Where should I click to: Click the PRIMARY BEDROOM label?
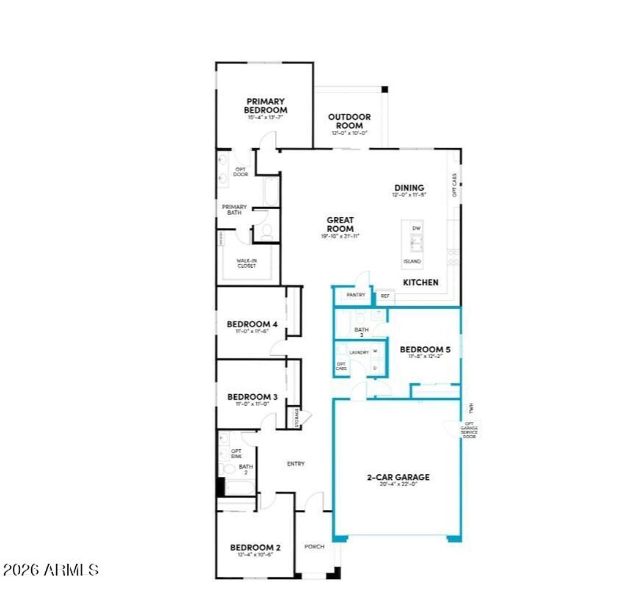pos(265,106)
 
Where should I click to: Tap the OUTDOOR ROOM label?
pos(349,121)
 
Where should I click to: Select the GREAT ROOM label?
pos(341,224)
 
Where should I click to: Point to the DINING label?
pos(408,188)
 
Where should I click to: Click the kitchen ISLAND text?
pos(411,261)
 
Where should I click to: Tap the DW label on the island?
pos(416,228)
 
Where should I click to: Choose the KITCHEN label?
pos(421,282)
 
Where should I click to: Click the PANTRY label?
pos(356,295)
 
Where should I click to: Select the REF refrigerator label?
pos(385,296)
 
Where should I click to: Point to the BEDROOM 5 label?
pos(425,350)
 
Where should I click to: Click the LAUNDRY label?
pos(358,353)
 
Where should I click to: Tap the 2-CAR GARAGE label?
pos(398,477)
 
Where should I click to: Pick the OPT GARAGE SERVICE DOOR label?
pos(469,430)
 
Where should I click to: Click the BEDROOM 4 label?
pos(252,324)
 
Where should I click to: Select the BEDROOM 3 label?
pos(252,397)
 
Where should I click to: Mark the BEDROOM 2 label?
pos(256,547)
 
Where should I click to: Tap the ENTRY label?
pos(296,464)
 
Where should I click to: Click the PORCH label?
pos(314,546)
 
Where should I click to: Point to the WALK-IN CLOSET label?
pos(248,263)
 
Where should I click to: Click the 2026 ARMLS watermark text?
pos(50,570)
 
